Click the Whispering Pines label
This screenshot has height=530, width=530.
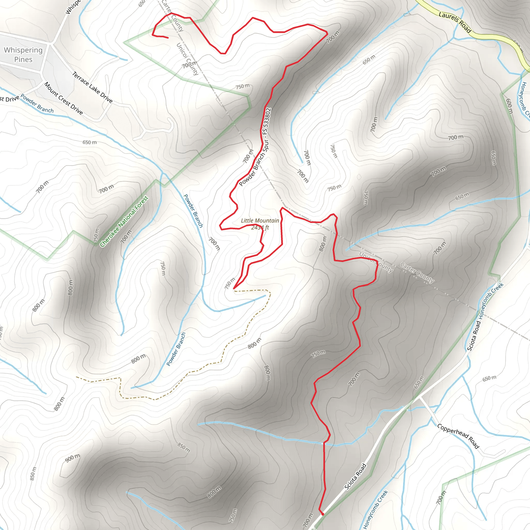[x=23, y=55]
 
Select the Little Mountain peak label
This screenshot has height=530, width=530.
[x=260, y=220]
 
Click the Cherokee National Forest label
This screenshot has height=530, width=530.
[x=124, y=221]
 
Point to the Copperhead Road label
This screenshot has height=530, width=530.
[x=458, y=436]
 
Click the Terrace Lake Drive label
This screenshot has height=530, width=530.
[x=92, y=87]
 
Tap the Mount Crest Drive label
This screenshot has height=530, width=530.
[x=63, y=98]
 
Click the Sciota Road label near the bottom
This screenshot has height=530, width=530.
[x=355, y=476]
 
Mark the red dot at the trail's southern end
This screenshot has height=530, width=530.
[x=323, y=514]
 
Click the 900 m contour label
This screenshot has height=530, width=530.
[x=72, y=458]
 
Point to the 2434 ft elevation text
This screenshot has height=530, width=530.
[x=260, y=227]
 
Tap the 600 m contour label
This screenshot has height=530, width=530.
[x=509, y=106]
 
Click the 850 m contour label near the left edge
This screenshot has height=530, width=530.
[x=33, y=474]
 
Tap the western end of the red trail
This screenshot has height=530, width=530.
[x=168, y=38]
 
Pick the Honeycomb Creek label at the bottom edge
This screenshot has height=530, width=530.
[x=375, y=509]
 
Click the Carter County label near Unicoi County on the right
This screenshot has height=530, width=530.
[x=417, y=273]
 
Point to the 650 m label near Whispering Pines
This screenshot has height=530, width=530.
[x=90, y=142]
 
